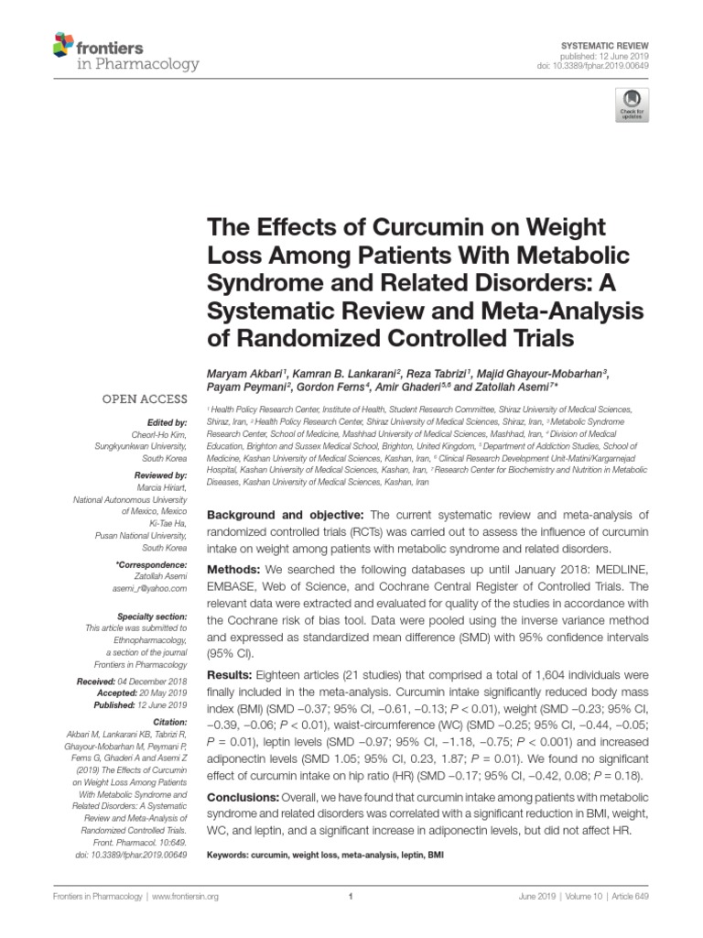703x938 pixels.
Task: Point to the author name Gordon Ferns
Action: click(x=331, y=389)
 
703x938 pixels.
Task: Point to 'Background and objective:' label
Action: click(x=286, y=515)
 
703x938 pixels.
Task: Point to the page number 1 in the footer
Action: click(x=351, y=898)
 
